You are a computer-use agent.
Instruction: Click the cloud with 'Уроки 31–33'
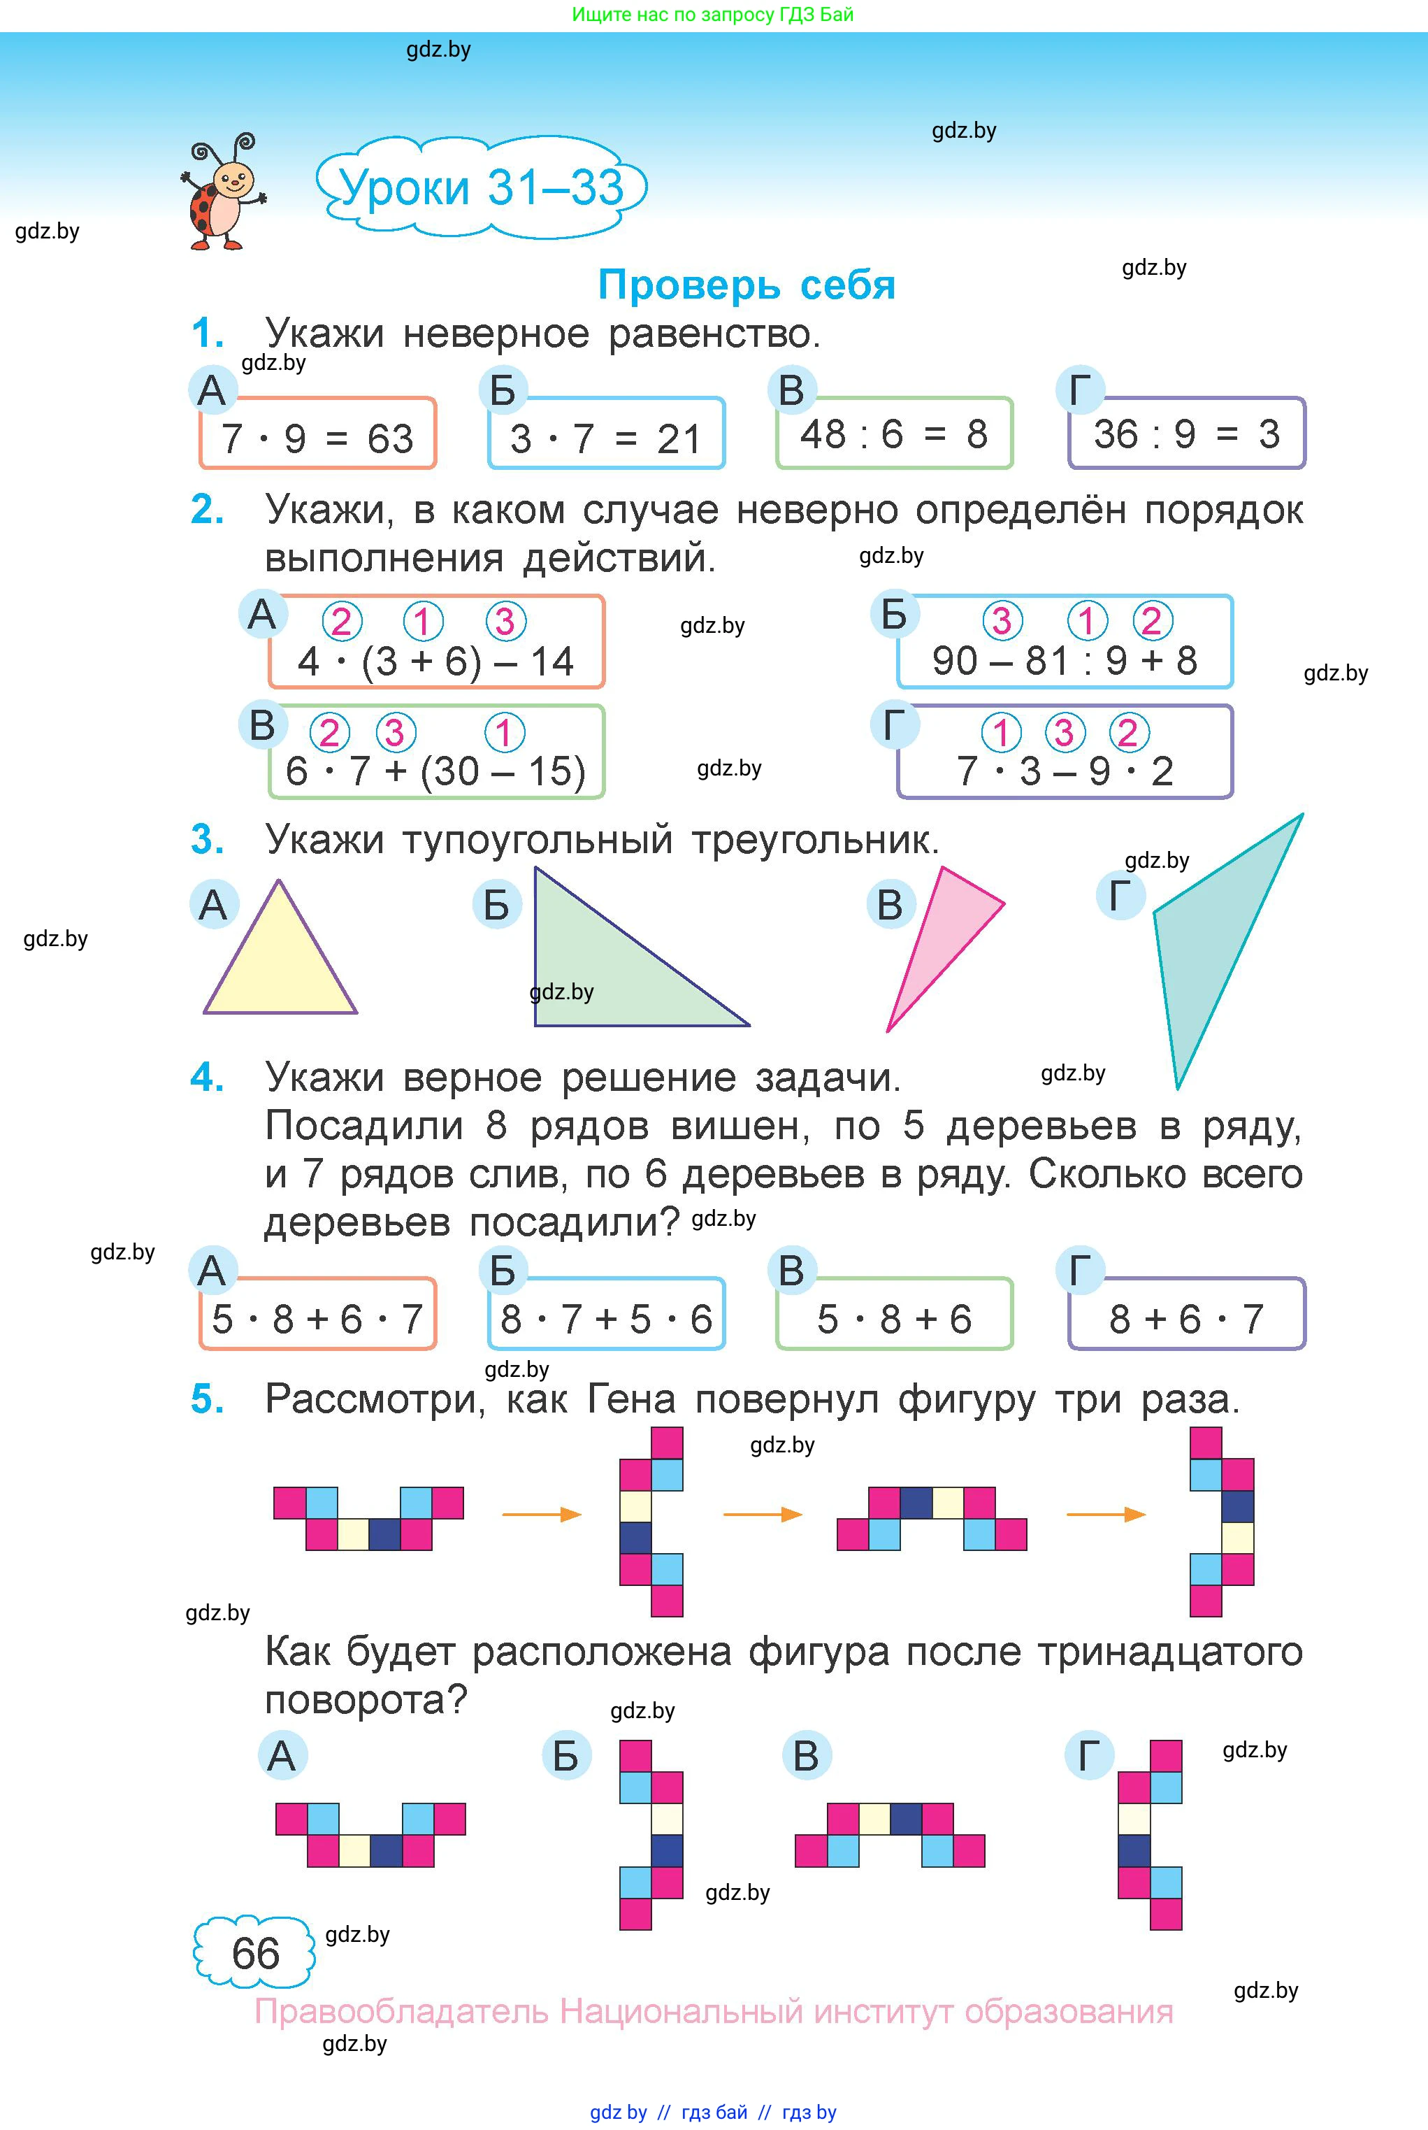pos(481,187)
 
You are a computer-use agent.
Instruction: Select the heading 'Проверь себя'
pos(746,285)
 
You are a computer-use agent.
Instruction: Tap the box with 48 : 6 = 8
pos(893,434)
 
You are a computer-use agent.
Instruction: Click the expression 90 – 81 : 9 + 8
pos(1064,659)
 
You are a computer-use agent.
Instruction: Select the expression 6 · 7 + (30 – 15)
pos(435,771)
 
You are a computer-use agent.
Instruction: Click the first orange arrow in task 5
pos(541,1514)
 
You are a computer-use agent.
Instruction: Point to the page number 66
pos(255,1952)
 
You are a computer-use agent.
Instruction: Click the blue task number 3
pos(207,839)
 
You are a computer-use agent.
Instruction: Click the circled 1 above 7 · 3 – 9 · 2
pos(1001,731)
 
